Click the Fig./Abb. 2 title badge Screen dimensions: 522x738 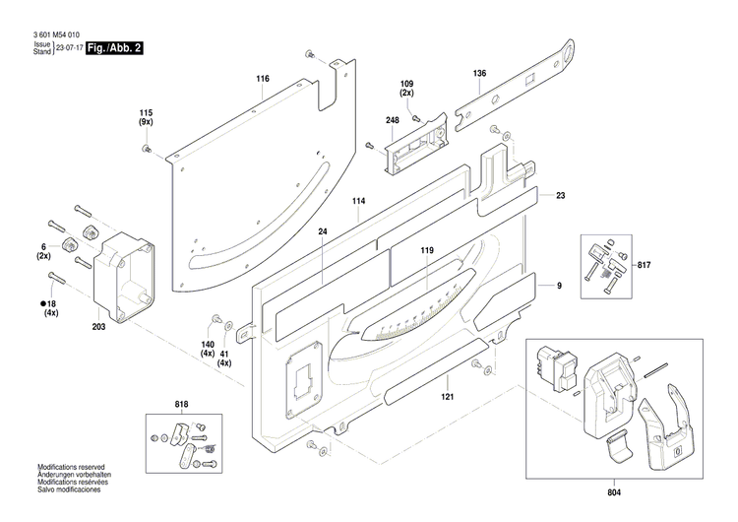(x=114, y=47)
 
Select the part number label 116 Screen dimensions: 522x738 (x=263, y=78)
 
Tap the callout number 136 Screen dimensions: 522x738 (x=479, y=74)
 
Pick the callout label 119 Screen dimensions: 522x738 (x=427, y=251)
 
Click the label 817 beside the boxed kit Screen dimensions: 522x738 (x=645, y=265)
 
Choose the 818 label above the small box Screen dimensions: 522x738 (x=181, y=404)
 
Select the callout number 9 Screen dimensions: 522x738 (x=559, y=286)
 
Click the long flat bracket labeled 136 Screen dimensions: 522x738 (x=512, y=89)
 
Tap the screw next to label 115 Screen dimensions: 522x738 (x=147, y=149)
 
